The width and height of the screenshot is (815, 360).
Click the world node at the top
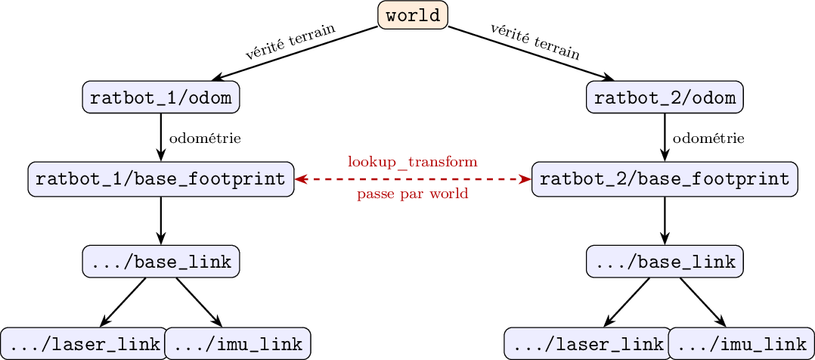(413, 15)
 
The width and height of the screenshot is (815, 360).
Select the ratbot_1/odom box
(160, 97)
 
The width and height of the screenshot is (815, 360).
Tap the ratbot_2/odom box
(665, 97)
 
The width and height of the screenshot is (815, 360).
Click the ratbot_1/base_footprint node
(160, 179)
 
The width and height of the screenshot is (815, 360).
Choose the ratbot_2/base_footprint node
(665, 179)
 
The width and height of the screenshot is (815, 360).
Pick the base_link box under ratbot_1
(160, 261)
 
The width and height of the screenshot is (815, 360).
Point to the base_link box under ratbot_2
(665, 261)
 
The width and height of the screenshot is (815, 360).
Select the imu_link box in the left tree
(238, 344)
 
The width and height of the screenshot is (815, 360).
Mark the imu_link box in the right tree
(742, 344)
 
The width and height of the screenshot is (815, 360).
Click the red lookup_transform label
(413, 162)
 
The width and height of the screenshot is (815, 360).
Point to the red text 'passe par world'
(413, 194)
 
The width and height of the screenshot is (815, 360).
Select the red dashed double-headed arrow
(413, 179)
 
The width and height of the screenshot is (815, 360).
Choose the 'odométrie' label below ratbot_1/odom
(205, 139)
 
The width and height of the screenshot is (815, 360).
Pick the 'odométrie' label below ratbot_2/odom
(708, 139)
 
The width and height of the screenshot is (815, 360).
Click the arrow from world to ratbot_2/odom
(531, 54)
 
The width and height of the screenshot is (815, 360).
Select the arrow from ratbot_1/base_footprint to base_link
(160, 221)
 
